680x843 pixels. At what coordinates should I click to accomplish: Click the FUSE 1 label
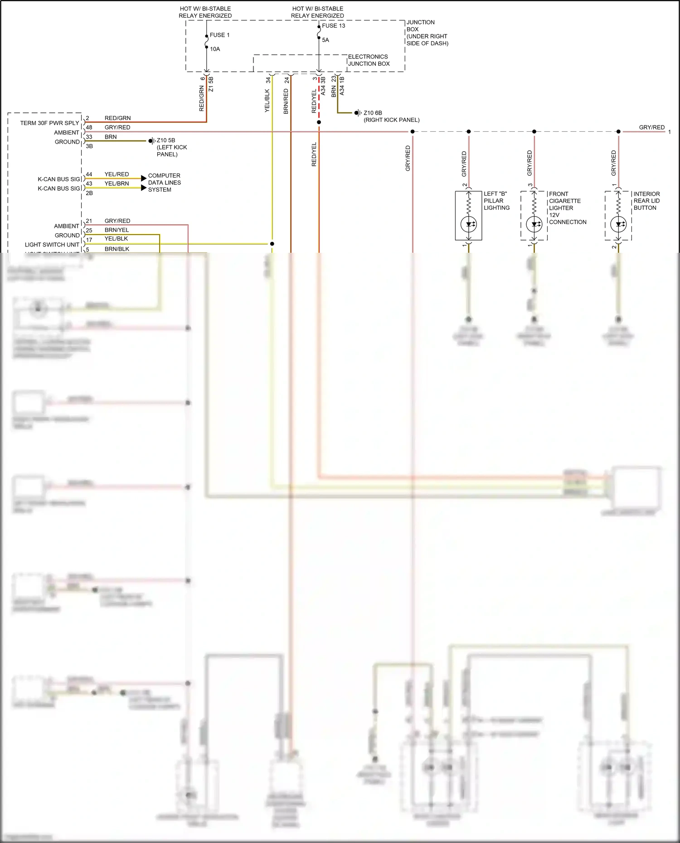(219, 35)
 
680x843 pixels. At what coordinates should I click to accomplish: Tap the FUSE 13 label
(333, 26)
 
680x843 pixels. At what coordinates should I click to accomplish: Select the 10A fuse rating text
(215, 49)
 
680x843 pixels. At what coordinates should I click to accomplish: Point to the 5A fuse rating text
(325, 40)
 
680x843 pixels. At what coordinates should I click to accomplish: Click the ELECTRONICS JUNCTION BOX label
(368, 60)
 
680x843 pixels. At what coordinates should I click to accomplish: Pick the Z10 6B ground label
(373, 113)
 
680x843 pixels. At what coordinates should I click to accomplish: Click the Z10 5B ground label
(166, 140)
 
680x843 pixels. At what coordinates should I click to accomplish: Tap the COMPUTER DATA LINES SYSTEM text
(164, 183)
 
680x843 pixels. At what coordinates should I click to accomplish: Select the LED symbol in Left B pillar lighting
(469, 224)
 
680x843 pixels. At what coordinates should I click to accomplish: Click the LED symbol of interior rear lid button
(618, 224)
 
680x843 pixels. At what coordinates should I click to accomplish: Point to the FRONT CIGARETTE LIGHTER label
(565, 201)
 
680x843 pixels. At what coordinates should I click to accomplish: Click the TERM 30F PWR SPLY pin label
(49, 123)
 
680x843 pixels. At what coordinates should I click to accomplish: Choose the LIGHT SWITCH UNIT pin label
(52, 245)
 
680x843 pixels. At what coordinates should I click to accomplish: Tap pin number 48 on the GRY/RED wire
(89, 127)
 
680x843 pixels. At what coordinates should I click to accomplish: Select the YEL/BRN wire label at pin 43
(117, 183)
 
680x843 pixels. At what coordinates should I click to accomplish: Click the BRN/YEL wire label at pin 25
(117, 230)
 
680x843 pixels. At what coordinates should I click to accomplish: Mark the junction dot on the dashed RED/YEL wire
(319, 122)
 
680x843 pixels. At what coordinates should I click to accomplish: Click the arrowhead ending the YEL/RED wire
(144, 178)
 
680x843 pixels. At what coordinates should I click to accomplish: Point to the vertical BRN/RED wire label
(286, 101)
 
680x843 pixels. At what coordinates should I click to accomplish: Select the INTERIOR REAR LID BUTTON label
(646, 201)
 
